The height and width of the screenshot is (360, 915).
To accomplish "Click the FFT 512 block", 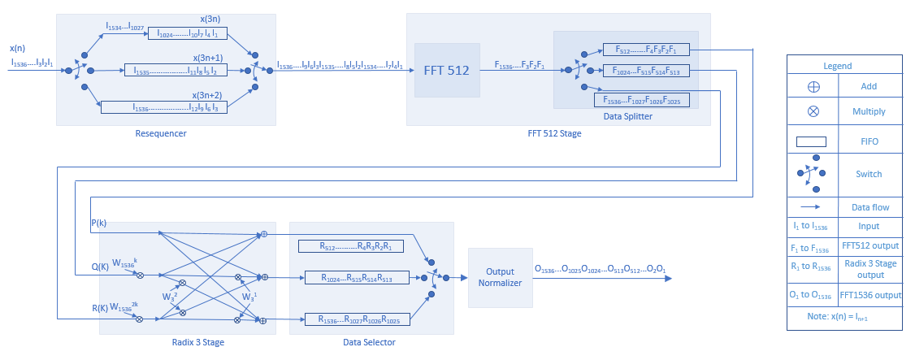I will (x=446, y=70).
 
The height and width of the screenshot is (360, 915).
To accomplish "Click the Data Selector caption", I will (x=369, y=342).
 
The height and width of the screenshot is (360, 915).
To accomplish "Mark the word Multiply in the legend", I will (x=869, y=111).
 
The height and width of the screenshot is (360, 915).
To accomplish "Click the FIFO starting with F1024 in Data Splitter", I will (x=646, y=71).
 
